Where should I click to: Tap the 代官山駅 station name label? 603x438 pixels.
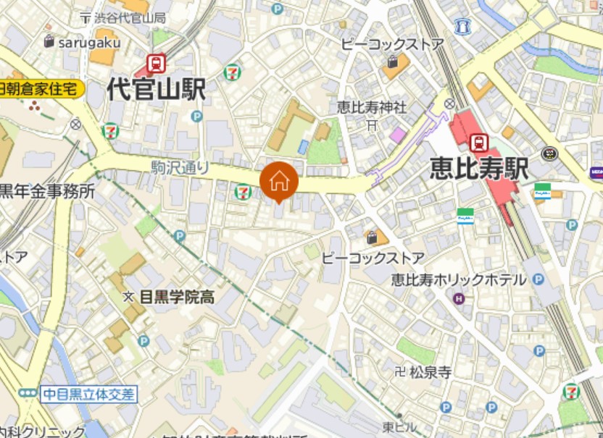pos(156,90)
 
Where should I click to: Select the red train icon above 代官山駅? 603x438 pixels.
pos(156,62)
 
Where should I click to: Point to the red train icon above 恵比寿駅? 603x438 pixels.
pos(478,142)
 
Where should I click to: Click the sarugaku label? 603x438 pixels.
pos(90,42)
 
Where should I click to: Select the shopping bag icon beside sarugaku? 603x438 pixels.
pos(49,41)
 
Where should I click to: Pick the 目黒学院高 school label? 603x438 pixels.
pos(176,297)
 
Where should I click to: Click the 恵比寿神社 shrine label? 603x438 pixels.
pos(372,107)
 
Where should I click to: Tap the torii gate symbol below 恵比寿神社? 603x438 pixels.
pos(372,125)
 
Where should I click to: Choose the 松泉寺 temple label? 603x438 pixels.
pos(431,373)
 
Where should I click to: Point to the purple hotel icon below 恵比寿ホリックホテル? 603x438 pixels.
pos(458,298)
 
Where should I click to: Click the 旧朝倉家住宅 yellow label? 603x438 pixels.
pos(41,89)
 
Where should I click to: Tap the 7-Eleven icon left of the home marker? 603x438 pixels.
pos(243,192)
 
